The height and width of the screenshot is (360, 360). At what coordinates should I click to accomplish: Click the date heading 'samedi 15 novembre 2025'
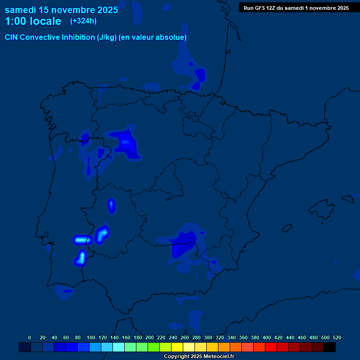pos(61,9)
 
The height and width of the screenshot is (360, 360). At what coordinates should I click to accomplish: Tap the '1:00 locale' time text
pos(33,21)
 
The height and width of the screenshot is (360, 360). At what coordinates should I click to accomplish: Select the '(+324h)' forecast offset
pos(83,21)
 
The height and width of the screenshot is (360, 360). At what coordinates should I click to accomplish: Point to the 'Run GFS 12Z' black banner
pos(296,7)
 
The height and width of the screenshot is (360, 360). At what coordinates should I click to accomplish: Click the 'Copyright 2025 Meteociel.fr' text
pos(199,357)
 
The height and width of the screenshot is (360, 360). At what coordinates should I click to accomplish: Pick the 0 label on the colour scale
pos(30,337)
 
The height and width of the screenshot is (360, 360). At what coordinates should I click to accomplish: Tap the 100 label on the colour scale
pos(91,337)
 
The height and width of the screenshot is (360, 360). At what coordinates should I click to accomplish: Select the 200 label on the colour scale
pos(150,337)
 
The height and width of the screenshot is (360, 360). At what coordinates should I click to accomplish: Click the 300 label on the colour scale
pos(208,337)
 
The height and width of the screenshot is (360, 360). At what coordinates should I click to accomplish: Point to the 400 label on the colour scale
pos(267,337)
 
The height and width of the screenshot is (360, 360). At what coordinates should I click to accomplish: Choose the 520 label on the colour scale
pos(337,337)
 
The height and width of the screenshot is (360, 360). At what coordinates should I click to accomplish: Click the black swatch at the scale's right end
pos(330,347)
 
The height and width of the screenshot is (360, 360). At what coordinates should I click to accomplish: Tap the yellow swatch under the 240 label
pos(177,347)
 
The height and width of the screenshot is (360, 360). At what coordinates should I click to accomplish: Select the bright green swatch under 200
pos(154,347)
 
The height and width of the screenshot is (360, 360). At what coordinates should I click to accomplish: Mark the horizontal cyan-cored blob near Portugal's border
pos(82,240)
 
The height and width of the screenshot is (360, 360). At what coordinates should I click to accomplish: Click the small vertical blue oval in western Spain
pos(112,205)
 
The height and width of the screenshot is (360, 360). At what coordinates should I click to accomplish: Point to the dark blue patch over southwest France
pos(199,75)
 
